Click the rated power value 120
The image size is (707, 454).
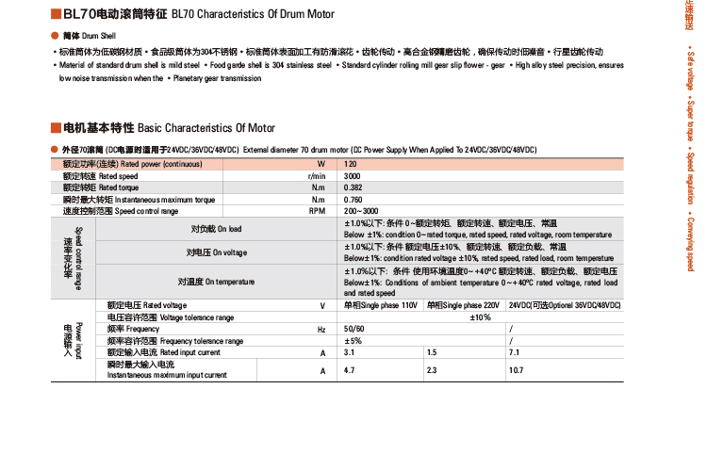pyautogui.click(x=351, y=165)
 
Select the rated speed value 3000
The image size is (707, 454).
pyautogui.click(x=353, y=176)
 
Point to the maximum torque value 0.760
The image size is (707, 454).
pyautogui.click(x=353, y=200)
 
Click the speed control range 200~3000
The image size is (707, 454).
pyautogui.click(x=361, y=211)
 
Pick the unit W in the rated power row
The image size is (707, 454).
pyautogui.click(x=321, y=165)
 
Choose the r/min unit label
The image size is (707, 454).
pyautogui.click(x=317, y=176)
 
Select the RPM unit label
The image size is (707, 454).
pyautogui.click(x=318, y=211)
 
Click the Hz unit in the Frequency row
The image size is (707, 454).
pyautogui.click(x=321, y=329)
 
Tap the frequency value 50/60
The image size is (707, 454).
pyautogui.click(x=353, y=329)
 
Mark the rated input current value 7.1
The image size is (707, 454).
pyautogui.click(x=515, y=352)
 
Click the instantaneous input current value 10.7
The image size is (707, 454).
pyautogui.click(x=517, y=370)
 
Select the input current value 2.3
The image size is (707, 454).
pyautogui.click(x=432, y=370)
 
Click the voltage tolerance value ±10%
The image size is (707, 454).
pyautogui.click(x=481, y=317)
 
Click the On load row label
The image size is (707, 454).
pyautogui.click(x=216, y=229)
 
